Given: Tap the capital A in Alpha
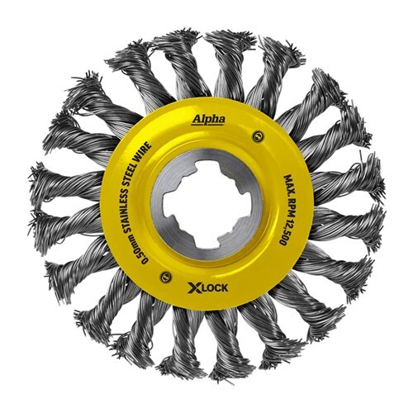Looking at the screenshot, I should [x=197, y=121].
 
